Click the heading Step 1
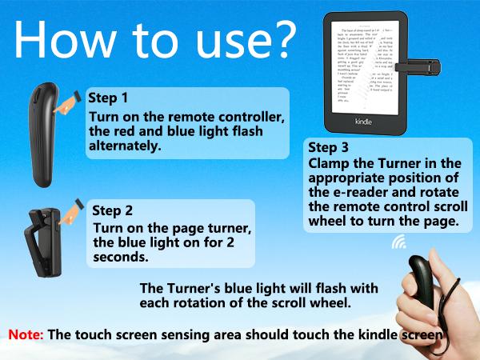point(108,99)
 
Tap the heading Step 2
point(113,211)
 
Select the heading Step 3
point(328,147)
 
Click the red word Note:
point(26,334)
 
